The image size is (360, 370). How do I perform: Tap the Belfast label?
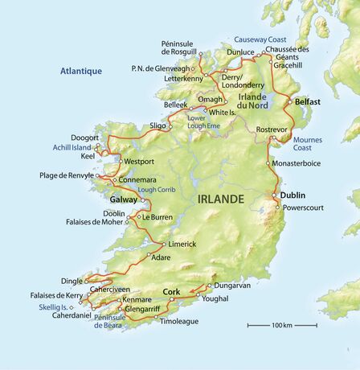tap(309, 102)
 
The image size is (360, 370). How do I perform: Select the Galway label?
tap(124, 199)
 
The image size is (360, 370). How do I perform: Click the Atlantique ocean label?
tap(81, 71)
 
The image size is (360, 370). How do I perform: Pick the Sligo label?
tap(157, 125)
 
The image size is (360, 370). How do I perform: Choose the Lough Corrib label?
tap(153, 190)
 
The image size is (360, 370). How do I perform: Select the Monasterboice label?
tap(302, 162)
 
